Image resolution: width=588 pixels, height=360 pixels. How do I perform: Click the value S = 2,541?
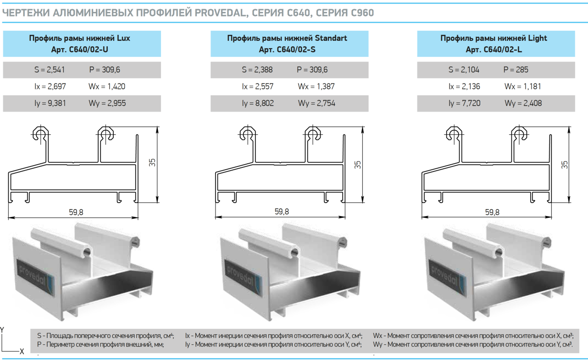click(x=50, y=70)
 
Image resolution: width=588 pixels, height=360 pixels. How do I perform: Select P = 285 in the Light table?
click(x=516, y=70)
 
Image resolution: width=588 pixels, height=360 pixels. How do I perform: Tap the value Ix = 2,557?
click(x=258, y=87)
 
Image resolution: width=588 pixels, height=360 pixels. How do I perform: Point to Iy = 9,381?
click(x=51, y=103)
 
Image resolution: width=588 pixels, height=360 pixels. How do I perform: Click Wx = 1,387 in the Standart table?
click(x=316, y=87)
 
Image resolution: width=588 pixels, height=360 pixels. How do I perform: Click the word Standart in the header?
click(x=330, y=39)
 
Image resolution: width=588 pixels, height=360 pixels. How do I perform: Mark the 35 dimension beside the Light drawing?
click(x=565, y=164)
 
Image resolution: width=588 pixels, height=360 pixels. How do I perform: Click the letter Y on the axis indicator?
click(x=2, y=329)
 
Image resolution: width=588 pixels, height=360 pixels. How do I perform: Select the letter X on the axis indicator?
click(x=22, y=351)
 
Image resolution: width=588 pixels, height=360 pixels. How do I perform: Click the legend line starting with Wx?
click(x=473, y=336)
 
